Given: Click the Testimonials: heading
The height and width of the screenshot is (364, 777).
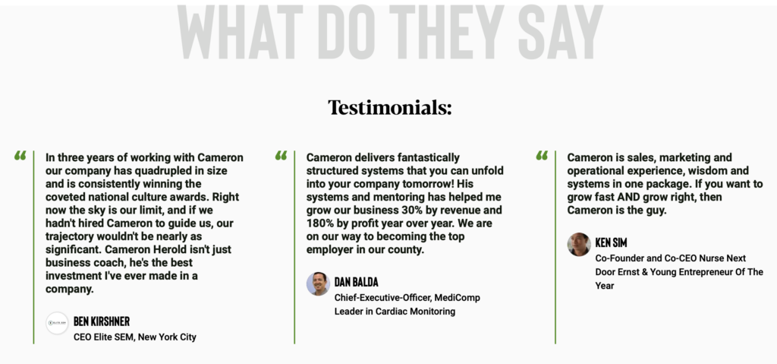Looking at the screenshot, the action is point(389,108).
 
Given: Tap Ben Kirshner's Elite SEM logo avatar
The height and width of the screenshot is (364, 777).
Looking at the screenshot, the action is point(57,323).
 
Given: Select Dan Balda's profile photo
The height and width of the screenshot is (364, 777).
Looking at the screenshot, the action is point(318,284).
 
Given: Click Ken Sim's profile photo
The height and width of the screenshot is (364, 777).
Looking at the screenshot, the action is point(579,245).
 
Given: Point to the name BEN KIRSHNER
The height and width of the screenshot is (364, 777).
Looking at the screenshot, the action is point(102,321).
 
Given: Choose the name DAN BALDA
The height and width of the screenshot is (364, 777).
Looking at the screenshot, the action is point(357,282).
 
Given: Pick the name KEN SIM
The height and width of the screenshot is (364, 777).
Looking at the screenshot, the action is point(611,243).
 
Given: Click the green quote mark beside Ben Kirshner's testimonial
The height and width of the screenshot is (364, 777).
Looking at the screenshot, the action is point(20,156).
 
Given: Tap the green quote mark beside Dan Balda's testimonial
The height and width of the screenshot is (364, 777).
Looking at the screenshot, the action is point(281,156).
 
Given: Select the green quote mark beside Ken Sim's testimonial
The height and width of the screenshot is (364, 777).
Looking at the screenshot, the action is point(542,156).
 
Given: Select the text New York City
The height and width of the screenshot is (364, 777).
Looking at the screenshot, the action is point(168,337).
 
